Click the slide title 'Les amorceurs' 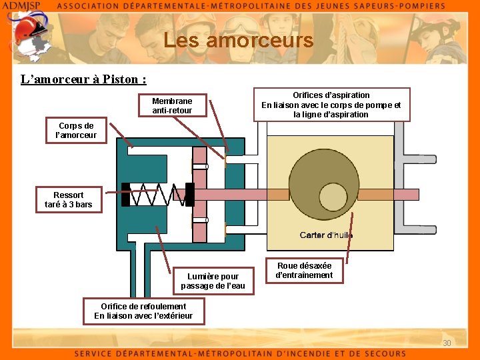[x=238, y=41]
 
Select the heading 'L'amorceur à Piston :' [x=83, y=79]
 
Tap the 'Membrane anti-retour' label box [x=172, y=105]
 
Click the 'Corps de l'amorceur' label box [x=77, y=131]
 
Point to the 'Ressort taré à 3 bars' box [x=69, y=199]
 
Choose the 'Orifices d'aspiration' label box [x=331, y=105]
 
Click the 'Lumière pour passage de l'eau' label [x=213, y=281]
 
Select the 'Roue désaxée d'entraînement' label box [x=304, y=270]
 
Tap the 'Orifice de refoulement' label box [x=143, y=311]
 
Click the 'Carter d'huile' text [x=326, y=235]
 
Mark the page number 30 [x=447, y=343]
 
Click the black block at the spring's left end [x=126, y=195]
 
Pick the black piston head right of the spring [x=189, y=195]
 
